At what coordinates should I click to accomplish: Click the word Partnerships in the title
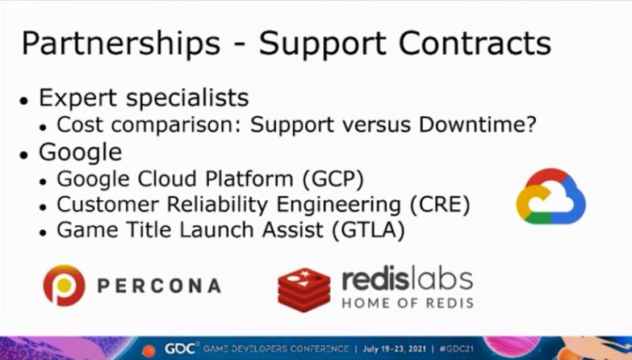coord(121,44)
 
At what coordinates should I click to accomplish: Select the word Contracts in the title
coord(475,42)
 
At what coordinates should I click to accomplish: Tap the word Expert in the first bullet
coord(78,98)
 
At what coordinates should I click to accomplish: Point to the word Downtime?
coord(478,124)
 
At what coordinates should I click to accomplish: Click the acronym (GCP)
coord(332,179)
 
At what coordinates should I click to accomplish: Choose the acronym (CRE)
coord(439,205)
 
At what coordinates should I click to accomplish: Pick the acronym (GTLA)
coord(368,230)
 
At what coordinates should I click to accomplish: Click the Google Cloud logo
coord(551,196)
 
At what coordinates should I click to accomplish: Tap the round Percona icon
coord(64,286)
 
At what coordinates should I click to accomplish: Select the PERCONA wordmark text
coord(159,286)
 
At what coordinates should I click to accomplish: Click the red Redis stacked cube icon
coord(304,290)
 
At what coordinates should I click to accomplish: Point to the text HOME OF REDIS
coord(408,303)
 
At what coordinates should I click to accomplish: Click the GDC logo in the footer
coord(180,349)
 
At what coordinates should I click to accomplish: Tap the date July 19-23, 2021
coord(394,349)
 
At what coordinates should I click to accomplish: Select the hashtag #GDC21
coord(456,349)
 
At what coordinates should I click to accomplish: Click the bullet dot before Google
coord(23,154)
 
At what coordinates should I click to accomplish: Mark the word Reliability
coord(217,205)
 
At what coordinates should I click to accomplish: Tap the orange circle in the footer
coord(149,351)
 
